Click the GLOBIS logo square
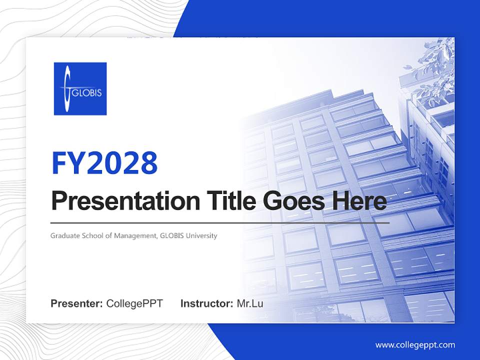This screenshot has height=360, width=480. tap(80, 88)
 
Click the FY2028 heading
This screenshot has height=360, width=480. tap(104, 162)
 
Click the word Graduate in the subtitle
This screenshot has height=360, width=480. tap(63, 235)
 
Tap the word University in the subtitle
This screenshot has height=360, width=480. tap(201, 235)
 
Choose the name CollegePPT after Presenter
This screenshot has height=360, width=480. tap(134, 303)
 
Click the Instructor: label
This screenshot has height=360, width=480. tap(206, 303)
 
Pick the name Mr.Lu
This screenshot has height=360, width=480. tap(250, 303)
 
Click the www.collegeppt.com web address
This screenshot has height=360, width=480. tap(415, 344)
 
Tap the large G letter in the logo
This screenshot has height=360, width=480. tap(67, 89)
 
